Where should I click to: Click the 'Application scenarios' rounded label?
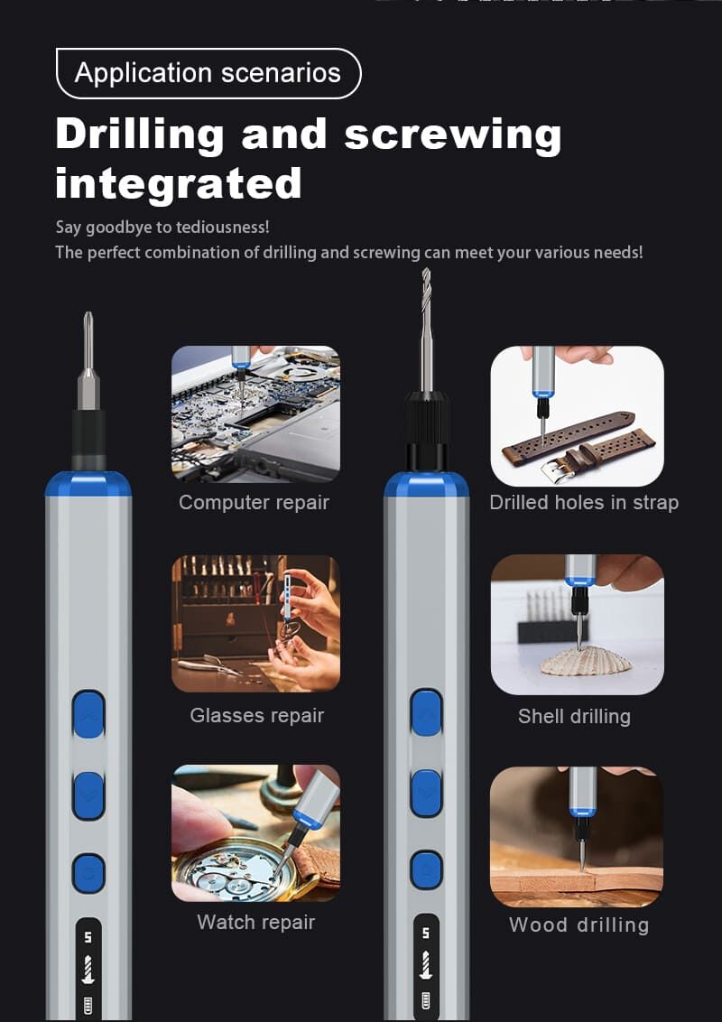click(x=208, y=73)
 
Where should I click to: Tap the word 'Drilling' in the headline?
click(x=140, y=135)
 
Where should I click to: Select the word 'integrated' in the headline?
click(x=179, y=184)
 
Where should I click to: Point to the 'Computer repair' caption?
click(x=254, y=503)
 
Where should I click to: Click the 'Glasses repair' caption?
click(x=256, y=716)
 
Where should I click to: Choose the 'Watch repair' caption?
click(x=256, y=923)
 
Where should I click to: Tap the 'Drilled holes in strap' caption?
click(x=584, y=503)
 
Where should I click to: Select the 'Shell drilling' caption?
click(x=574, y=716)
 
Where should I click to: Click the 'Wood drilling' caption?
click(x=579, y=924)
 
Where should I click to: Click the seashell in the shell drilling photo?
click(x=586, y=662)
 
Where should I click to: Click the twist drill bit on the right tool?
click(x=426, y=331)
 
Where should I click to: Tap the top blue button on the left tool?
click(x=88, y=715)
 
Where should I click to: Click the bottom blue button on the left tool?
click(x=88, y=873)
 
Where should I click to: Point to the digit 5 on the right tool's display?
click(x=425, y=934)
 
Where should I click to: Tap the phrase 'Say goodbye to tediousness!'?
click(x=162, y=228)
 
